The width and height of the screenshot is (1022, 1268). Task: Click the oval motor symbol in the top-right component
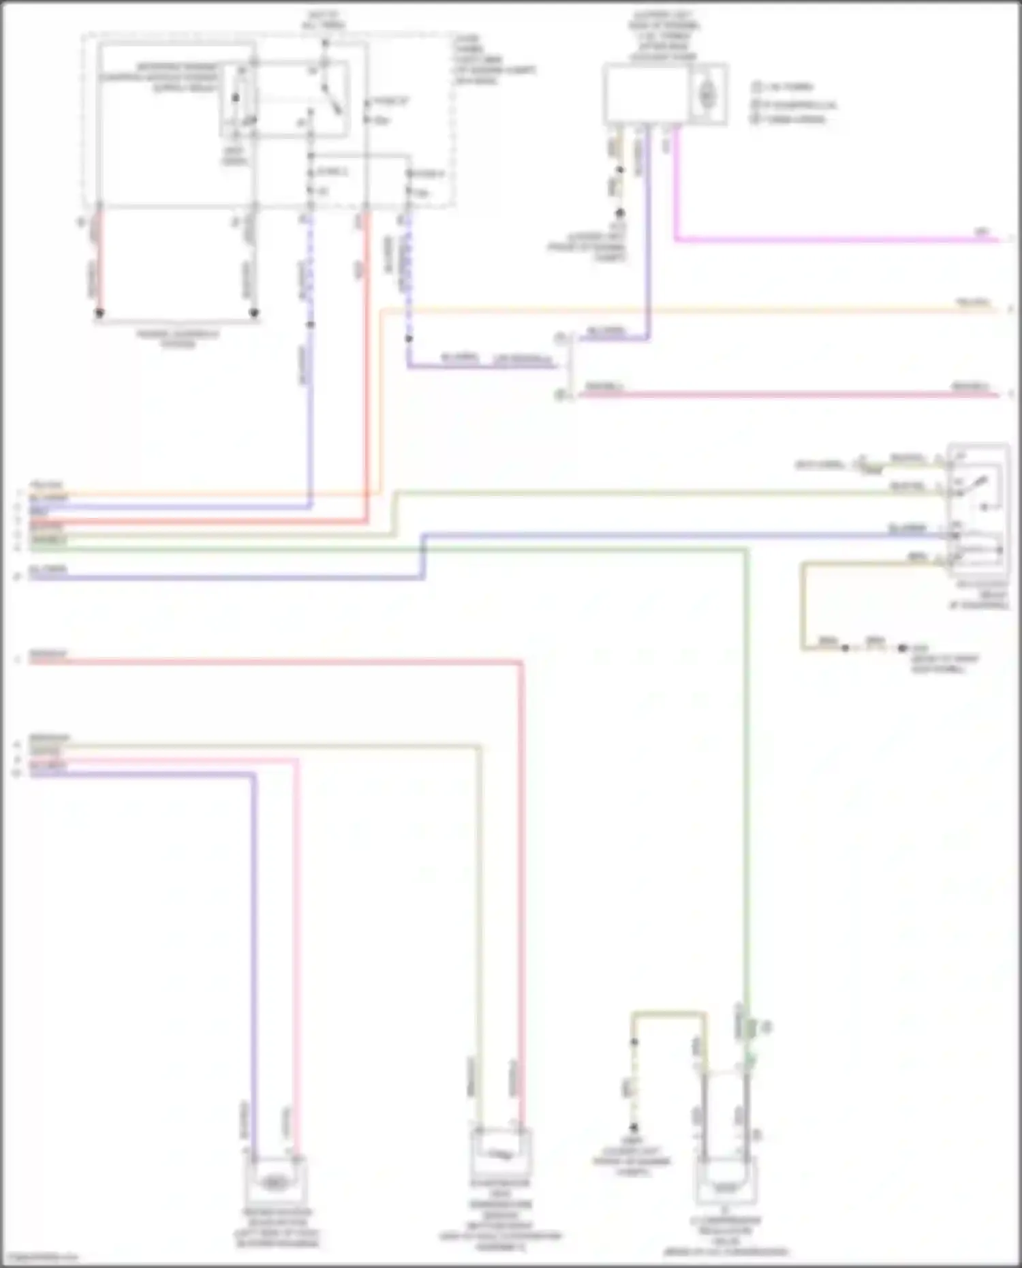point(708,95)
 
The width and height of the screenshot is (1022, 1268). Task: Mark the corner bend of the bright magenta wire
point(675,240)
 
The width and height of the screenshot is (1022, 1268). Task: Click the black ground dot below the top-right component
point(620,213)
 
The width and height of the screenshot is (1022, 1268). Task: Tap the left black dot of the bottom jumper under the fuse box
point(99,313)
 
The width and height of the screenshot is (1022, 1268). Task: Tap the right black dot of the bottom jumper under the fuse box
point(253,313)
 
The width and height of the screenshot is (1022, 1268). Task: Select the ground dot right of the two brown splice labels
point(903,647)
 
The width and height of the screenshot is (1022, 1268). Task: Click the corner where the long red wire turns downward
point(521,661)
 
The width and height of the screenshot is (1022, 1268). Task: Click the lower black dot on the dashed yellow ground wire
point(634,1127)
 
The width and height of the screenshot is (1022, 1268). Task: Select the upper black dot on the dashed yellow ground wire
point(634,1042)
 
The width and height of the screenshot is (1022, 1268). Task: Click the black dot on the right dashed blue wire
point(409,338)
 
